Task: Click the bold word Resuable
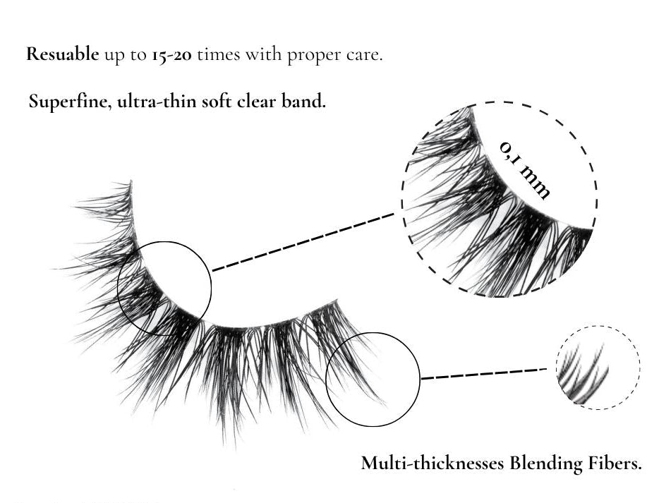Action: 63,54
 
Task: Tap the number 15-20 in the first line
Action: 171,55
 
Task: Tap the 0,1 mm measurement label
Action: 525,170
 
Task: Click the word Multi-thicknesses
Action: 432,463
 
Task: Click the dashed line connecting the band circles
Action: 303,242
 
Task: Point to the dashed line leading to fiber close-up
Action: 484,373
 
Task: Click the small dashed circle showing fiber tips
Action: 598,326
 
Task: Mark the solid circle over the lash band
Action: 164,242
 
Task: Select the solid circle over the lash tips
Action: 373,333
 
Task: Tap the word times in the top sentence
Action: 219,55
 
